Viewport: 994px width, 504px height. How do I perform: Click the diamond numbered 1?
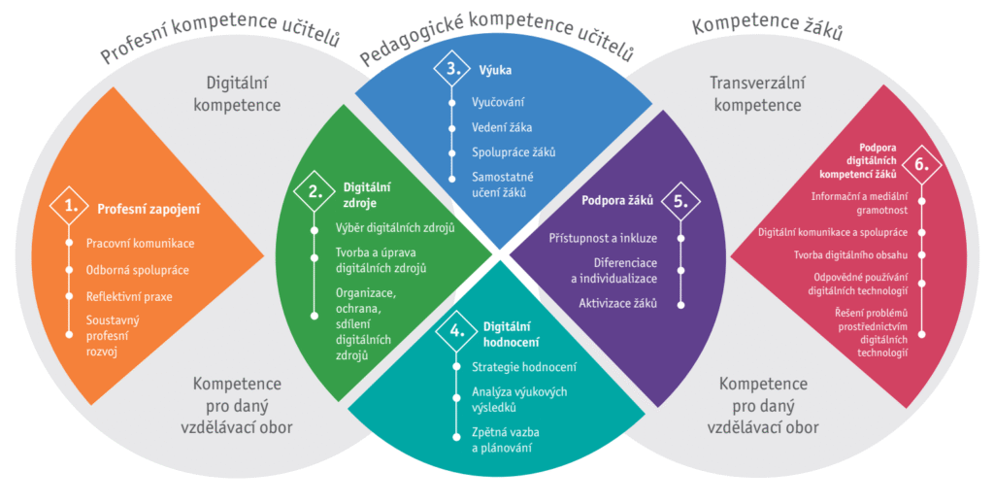[70, 206]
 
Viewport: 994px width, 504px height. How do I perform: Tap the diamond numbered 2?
[315, 190]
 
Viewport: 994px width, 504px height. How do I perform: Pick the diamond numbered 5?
[680, 201]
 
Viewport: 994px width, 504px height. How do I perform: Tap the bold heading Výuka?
[495, 70]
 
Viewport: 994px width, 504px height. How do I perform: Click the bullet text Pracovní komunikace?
[140, 242]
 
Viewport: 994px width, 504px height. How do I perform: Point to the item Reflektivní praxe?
[129, 296]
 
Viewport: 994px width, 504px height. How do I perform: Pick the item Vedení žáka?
[502, 126]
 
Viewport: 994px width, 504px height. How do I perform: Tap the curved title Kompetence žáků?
[766, 28]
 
